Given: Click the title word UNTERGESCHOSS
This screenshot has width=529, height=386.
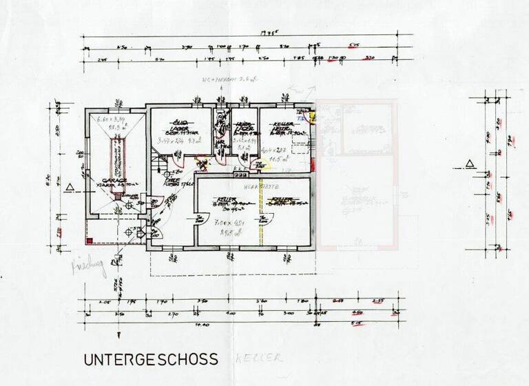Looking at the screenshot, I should [151, 359].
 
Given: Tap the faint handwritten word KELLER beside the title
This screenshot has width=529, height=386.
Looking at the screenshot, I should [258, 359].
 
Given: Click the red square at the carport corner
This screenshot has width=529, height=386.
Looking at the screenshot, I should [89, 240].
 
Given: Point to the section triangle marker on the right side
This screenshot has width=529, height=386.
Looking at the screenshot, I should [469, 164].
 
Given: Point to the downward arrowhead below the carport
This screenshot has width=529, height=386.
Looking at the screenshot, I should [118, 260].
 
